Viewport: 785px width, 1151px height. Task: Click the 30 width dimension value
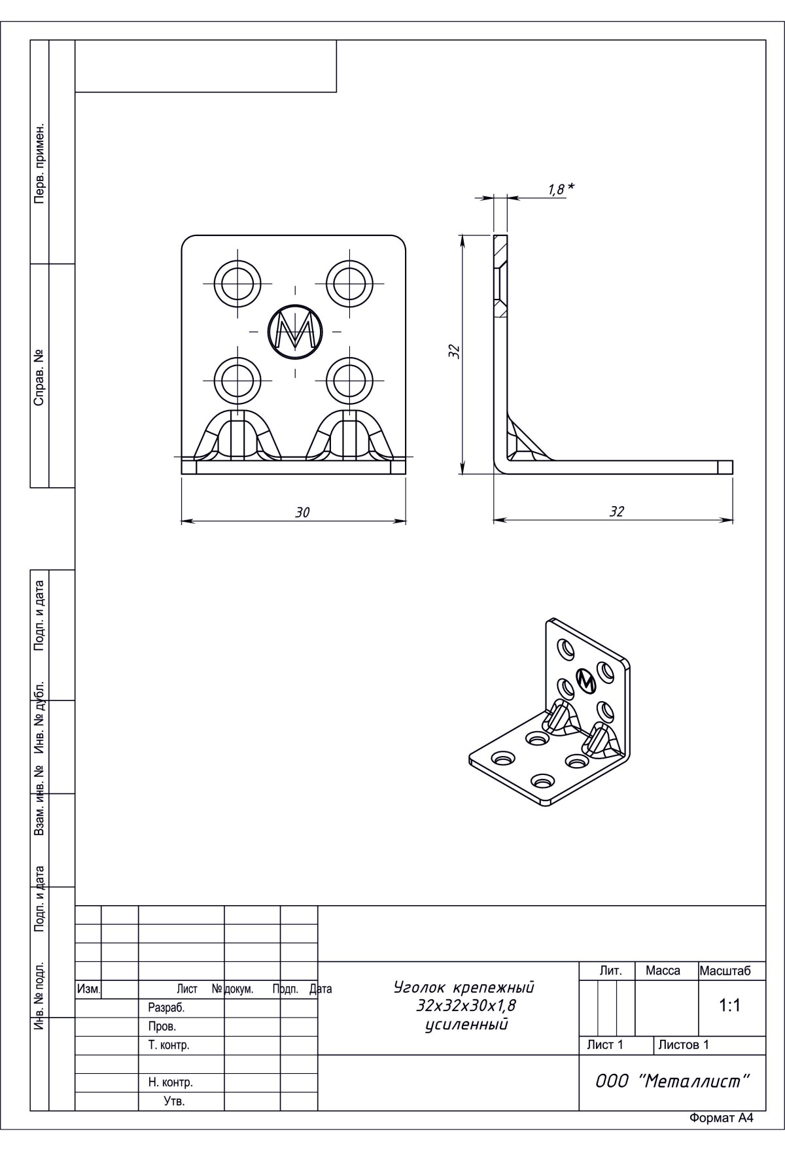(302, 513)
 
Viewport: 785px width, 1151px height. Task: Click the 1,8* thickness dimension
(561, 189)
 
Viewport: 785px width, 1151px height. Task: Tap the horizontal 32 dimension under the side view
(617, 512)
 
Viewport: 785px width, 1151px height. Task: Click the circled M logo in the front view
(295, 331)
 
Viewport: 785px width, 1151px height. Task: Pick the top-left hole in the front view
(237, 284)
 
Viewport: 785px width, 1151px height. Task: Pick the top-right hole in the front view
(349, 284)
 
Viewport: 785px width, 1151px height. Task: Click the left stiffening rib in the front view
(237, 434)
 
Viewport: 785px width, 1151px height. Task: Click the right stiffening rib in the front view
(349, 434)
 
